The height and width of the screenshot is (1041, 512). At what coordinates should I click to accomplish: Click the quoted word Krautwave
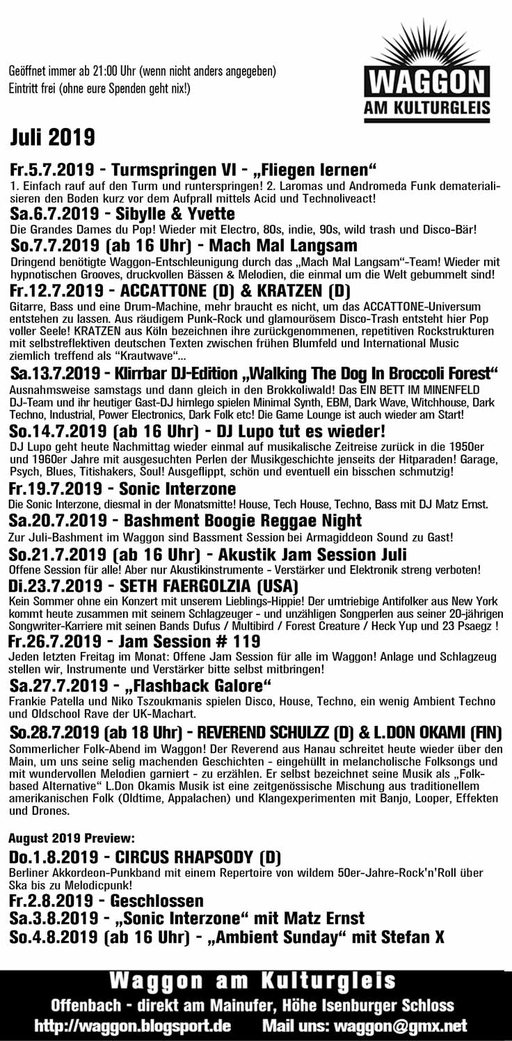[161, 356]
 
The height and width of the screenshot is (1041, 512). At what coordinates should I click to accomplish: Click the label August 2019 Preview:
[72, 836]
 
